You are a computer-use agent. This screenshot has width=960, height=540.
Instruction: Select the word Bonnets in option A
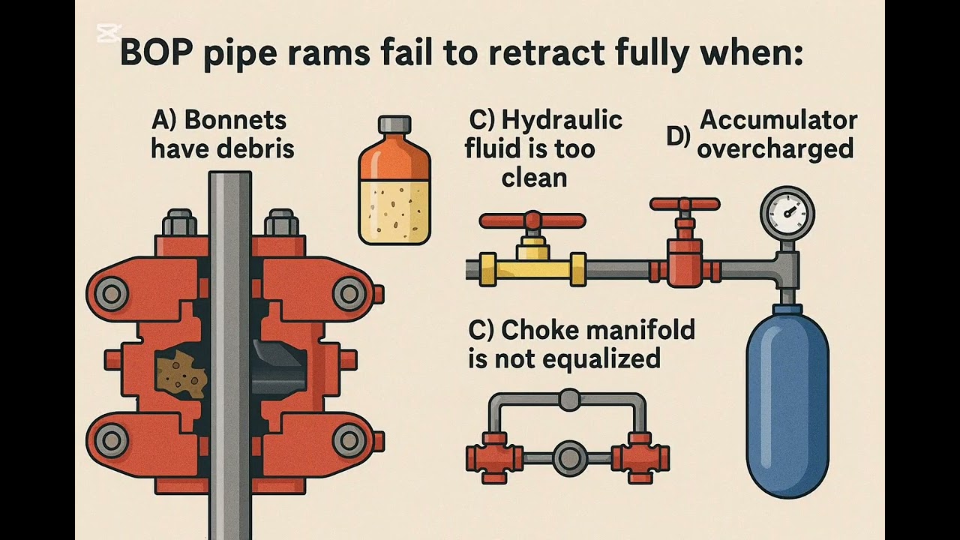235,121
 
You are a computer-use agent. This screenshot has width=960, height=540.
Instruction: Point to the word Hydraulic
562,121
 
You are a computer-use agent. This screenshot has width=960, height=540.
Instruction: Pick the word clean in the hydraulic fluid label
534,178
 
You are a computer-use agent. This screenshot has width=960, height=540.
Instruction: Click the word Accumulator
778,121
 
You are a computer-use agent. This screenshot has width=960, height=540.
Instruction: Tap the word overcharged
775,150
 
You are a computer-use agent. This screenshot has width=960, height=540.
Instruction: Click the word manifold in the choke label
598,331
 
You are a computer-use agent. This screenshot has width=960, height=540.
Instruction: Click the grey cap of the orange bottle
394,124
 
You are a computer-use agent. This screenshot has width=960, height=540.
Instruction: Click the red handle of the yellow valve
532,220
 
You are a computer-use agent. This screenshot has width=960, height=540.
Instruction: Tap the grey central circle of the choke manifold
569,458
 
